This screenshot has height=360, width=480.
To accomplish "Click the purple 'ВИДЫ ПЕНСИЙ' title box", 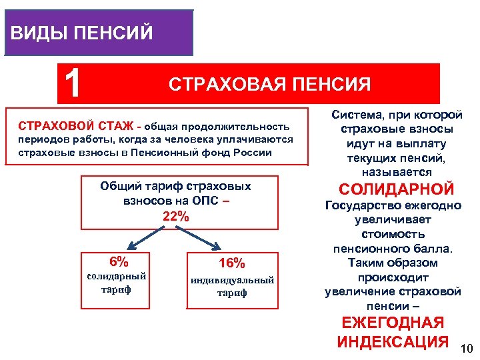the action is click(x=98, y=32).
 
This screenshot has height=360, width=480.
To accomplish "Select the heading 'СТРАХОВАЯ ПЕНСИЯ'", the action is click(x=269, y=84).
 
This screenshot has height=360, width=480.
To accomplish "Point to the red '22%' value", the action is click(x=176, y=216).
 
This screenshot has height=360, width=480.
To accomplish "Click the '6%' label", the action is click(x=118, y=261).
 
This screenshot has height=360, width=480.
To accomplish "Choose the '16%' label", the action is click(x=232, y=263).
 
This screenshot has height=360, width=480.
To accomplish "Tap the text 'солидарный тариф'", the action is click(x=117, y=283).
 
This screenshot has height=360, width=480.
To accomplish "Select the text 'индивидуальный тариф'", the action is click(x=232, y=286).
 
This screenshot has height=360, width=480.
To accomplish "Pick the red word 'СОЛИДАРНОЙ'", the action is click(x=397, y=189).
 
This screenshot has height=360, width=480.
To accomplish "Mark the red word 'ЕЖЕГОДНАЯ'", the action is click(x=393, y=323).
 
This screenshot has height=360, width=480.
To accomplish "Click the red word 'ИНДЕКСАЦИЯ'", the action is click(x=393, y=342).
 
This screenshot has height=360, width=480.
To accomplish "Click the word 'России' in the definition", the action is click(x=256, y=152).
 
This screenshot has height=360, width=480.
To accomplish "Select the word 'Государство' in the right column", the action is click(x=364, y=205).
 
